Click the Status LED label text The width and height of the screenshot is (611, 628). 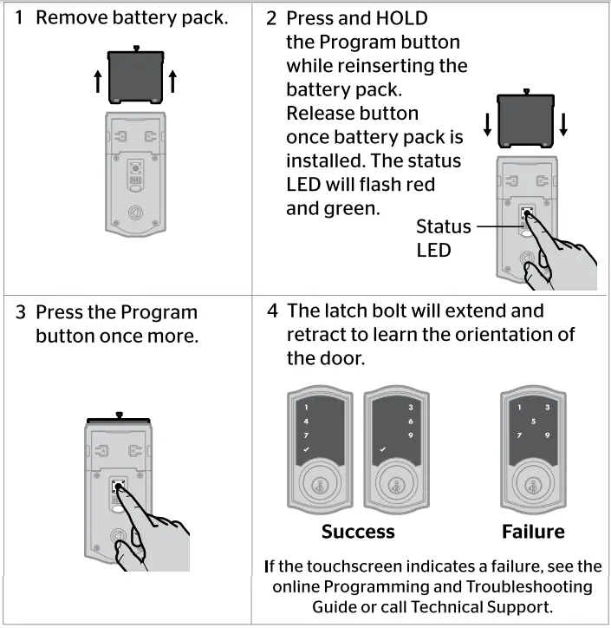coord(443,238)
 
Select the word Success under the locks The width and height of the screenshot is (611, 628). coord(358,532)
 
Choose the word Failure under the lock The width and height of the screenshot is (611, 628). coord(533,532)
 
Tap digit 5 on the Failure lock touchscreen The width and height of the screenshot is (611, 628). coord(534,422)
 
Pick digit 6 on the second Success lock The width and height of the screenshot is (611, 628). coord(410,421)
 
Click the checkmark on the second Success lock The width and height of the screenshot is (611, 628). coord(381,450)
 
